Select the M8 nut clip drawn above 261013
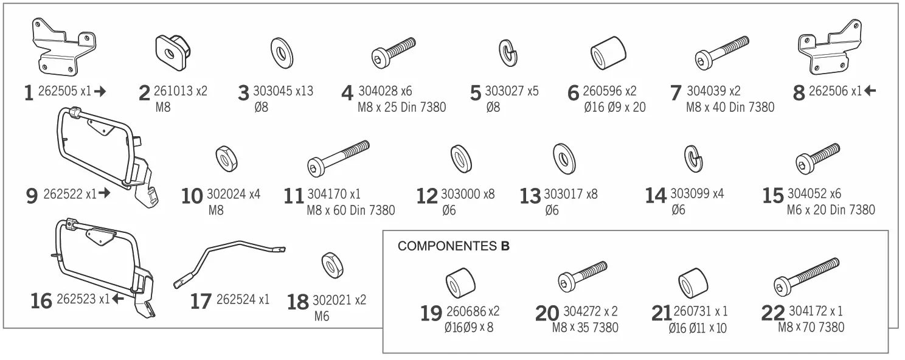173,51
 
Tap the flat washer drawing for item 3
282,53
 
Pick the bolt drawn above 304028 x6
392,53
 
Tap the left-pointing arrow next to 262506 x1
870,91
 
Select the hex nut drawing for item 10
227,159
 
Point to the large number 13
530,196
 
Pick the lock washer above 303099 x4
693,159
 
